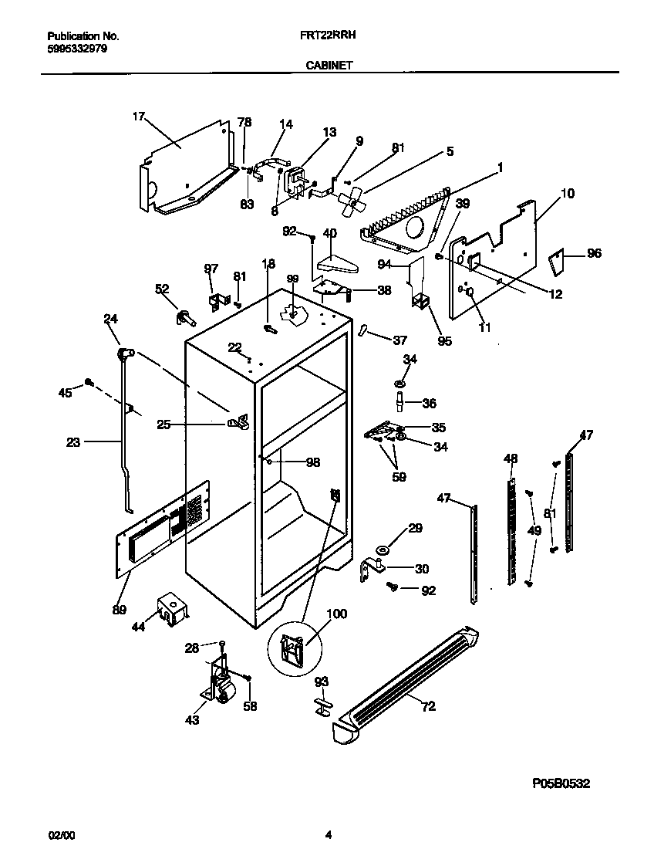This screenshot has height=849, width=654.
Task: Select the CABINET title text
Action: click(328, 66)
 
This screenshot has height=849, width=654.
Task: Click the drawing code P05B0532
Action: click(561, 783)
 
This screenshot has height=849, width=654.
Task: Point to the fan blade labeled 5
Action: click(351, 196)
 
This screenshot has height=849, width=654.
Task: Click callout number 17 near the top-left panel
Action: click(138, 117)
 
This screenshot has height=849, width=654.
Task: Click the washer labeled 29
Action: click(383, 550)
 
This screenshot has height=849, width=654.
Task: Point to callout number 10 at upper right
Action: click(567, 194)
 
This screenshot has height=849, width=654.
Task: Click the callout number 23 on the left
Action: click(72, 443)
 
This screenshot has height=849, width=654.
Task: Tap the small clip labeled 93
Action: click(322, 705)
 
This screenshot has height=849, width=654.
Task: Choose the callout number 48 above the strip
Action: click(511, 458)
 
